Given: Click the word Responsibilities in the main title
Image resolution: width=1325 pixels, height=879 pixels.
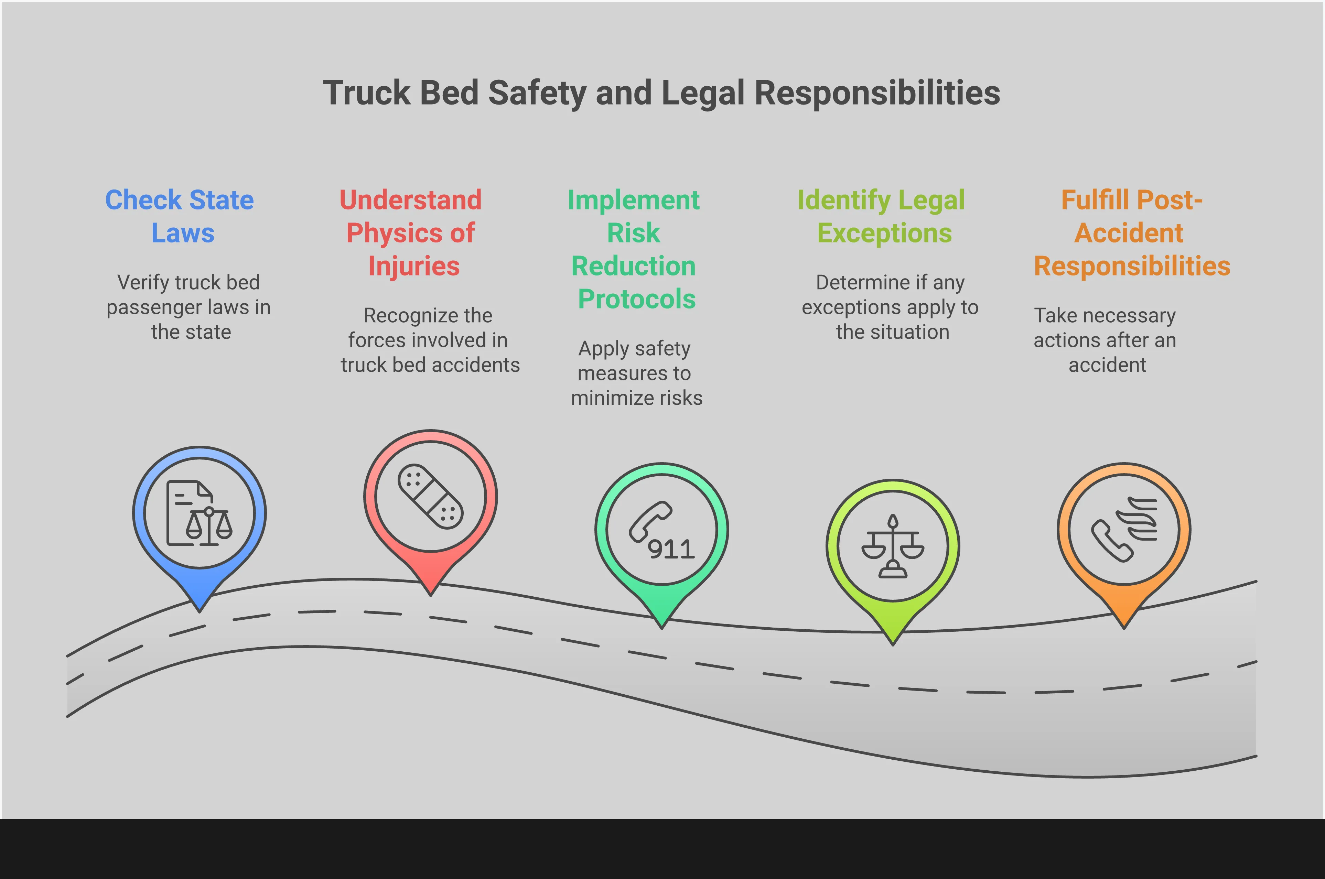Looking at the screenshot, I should [877, 93].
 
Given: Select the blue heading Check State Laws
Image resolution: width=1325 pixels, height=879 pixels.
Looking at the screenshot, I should [180, 216].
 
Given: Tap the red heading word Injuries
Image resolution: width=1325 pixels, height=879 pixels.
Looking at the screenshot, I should [414, 266].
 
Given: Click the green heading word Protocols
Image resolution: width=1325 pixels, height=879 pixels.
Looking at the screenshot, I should [636, 299].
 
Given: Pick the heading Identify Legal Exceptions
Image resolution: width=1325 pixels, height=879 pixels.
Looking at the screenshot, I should [882, 216].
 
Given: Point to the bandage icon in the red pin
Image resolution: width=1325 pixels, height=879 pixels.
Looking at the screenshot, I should [430, 496].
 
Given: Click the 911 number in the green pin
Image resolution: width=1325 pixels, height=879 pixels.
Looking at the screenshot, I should [671, 550].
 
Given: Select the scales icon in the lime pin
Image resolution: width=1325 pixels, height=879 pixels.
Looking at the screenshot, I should [893, 546].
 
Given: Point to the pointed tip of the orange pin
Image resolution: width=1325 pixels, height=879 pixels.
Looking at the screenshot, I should [1124, 626].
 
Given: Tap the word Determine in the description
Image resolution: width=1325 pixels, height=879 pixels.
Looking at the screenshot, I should [862, 283].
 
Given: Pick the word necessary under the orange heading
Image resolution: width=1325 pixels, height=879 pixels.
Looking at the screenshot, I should [1128, 316].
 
